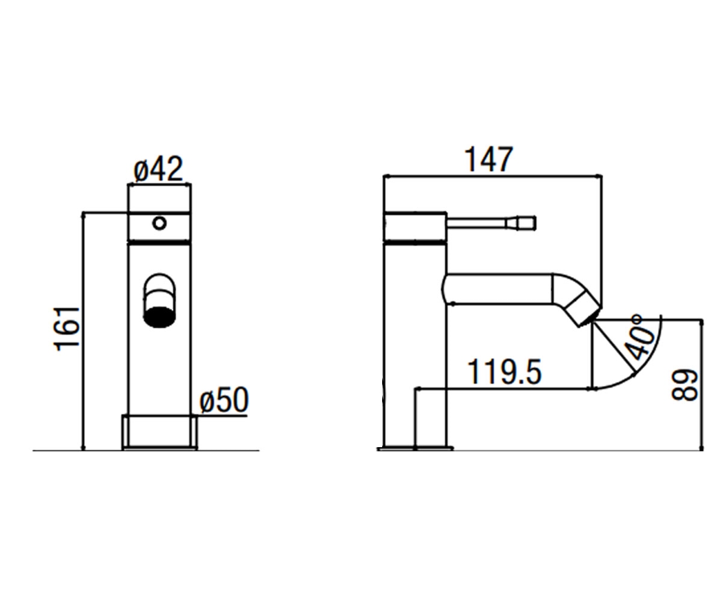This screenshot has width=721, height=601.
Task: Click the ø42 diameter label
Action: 159,169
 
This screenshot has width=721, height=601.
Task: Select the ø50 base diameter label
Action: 224,400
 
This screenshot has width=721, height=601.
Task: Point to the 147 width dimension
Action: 489,159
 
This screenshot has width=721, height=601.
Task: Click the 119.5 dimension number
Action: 504,371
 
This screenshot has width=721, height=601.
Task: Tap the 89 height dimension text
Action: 685,385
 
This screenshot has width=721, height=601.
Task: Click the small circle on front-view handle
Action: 160,223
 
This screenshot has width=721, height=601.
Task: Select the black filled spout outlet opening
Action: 159,316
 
